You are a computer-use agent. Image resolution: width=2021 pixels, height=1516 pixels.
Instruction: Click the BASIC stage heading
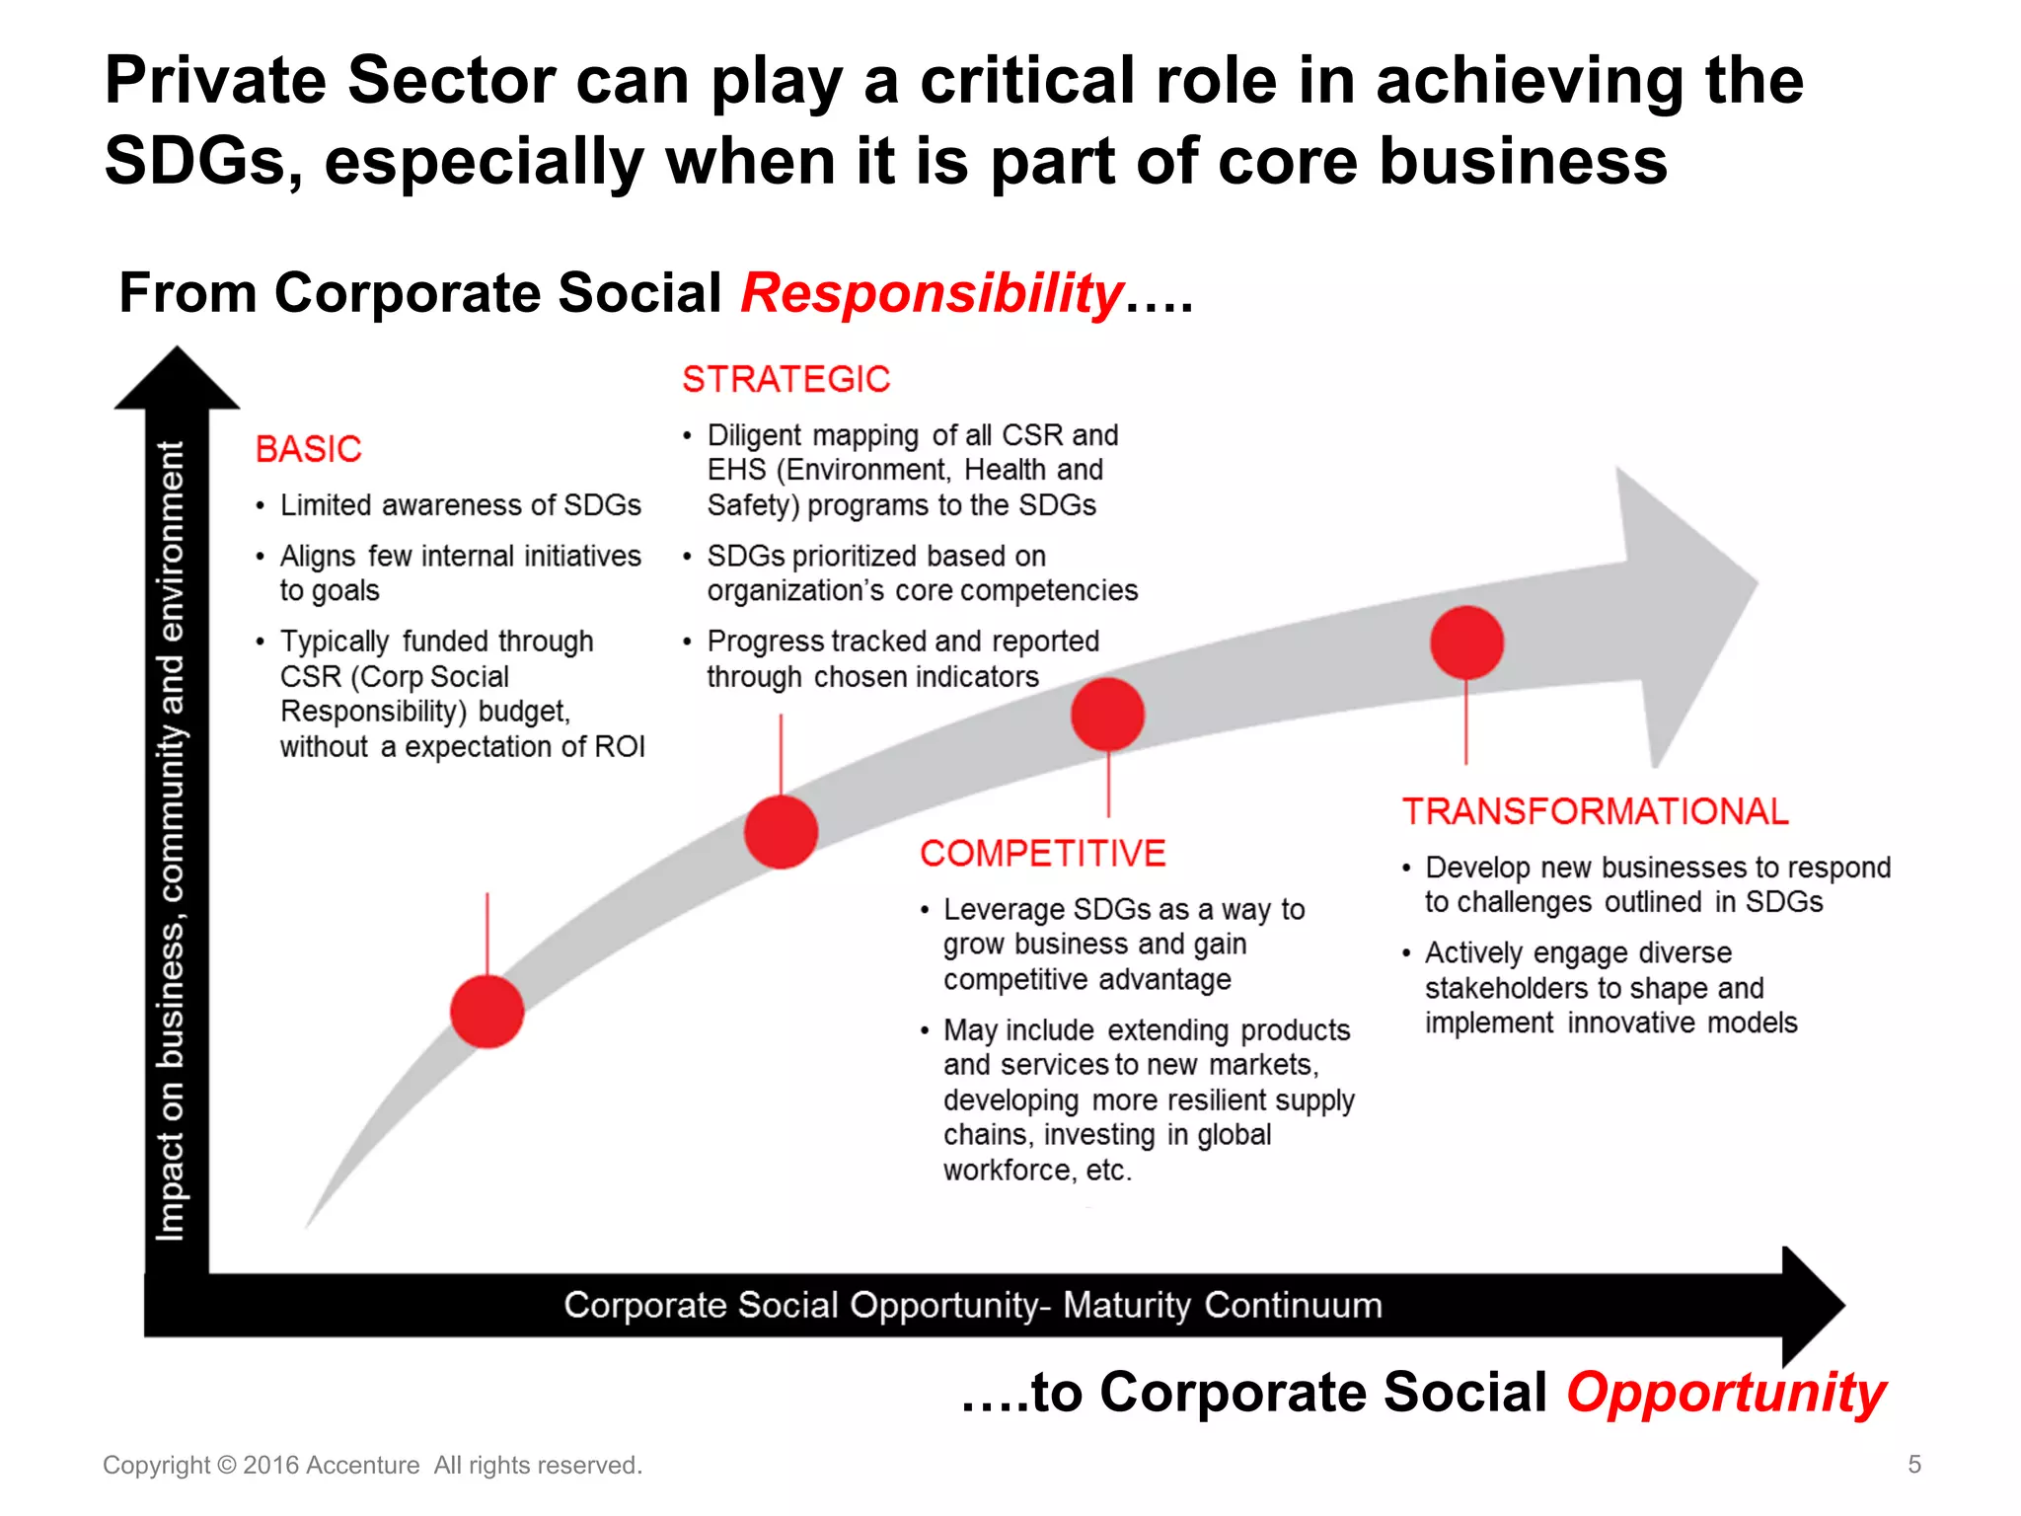308,449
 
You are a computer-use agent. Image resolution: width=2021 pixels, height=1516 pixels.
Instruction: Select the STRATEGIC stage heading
786,379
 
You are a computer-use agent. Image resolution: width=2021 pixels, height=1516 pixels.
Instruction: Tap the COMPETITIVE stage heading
1042,853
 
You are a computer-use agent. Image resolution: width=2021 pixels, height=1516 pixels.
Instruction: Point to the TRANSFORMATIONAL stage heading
1595,811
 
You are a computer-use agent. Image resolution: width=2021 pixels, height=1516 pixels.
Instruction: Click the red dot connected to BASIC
487,1011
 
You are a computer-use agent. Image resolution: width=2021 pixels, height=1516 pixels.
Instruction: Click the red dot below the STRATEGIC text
781,831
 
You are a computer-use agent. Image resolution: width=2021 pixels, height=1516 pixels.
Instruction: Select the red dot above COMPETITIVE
1107,714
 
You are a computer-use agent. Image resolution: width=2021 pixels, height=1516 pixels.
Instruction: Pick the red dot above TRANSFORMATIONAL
1466,643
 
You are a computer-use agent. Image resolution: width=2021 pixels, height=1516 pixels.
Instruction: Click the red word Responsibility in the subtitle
932,293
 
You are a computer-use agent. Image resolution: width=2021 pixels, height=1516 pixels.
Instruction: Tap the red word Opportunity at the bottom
1726,1393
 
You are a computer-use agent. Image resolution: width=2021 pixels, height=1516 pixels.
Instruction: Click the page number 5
1913,1464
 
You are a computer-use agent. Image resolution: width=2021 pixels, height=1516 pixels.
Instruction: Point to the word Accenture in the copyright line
362,1465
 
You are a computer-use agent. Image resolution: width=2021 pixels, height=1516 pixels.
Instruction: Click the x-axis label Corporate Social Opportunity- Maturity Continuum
972,1305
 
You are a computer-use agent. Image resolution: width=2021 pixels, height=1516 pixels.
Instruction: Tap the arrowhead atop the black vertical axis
177,380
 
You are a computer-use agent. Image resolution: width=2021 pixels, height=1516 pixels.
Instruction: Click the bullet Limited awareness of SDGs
460,505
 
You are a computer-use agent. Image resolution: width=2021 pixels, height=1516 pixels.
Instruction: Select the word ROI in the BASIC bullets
620,746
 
